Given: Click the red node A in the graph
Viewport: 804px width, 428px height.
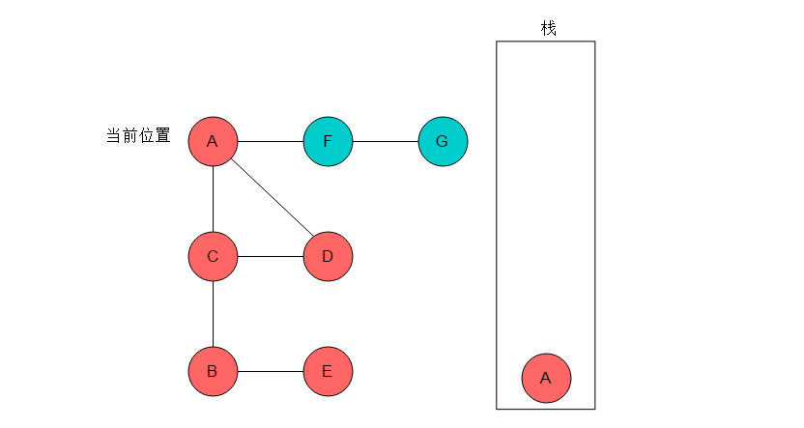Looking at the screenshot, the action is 213,141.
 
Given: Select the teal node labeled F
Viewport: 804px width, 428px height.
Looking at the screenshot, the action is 329,141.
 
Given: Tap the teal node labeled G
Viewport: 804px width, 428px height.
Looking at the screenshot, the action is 443,141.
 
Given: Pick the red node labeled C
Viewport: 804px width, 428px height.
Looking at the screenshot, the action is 213,256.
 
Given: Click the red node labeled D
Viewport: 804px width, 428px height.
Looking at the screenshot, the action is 329,256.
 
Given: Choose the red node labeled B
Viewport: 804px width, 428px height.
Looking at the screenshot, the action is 213,371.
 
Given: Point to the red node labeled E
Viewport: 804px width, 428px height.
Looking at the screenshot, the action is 329,371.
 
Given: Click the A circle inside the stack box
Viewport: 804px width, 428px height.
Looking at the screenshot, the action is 546,379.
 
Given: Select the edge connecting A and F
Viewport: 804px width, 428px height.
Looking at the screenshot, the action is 271,141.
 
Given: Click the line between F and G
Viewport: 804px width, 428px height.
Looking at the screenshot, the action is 386,141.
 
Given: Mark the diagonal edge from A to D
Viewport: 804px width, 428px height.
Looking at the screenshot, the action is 273,198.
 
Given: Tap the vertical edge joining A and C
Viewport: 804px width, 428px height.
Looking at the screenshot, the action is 213,199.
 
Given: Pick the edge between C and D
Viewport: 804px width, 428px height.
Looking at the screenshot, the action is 271,256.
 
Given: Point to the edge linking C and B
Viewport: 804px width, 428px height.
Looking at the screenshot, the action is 213,314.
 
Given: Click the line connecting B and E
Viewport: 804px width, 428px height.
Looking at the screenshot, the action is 271,371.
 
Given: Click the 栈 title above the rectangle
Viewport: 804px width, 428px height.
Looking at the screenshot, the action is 548,28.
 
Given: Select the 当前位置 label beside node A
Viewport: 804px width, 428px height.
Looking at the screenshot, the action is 138,136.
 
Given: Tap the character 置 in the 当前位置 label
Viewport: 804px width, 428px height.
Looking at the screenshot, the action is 163,136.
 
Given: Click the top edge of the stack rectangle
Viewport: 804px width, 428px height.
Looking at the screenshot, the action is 546,41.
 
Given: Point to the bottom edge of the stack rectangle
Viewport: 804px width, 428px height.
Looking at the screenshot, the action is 546,409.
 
